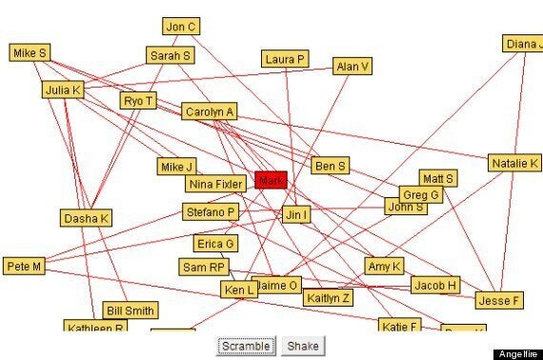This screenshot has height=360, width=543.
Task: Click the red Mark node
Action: pyautogui.click(x=271, y=180)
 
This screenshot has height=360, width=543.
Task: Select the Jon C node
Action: pyautogui.click(x=180, y=27)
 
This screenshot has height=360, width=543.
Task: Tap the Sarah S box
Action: pyautogui.click(x=171, y=55)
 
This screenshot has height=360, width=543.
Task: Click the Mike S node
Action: pyautogui.click(x=30, y=53)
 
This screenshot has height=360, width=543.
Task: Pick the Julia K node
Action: pyautogui.click(x=64, y=90)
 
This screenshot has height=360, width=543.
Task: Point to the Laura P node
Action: pyautogui.click(x=286, y=59)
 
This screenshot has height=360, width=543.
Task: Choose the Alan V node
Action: pyautogui.click(x=352, y=67)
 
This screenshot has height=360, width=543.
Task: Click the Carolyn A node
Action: pyautogui.click(x=210, y=111)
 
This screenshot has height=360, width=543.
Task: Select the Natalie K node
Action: pyautogui.click(x=515, y=163)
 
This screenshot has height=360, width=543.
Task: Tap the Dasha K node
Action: pyautogui.click(x=87, y=218)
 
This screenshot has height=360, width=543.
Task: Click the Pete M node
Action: pyautogui.click(x=24, y=267)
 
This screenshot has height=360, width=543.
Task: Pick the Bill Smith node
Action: pyautogui.click(x=131, y=310)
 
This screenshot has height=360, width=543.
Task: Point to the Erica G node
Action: pyautogui.click(x=215, y=244)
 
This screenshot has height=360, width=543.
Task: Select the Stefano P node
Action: pyautogui.click(x=211, y=211)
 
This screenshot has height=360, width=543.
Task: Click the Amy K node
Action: pyautogui.click(x=385, y=266)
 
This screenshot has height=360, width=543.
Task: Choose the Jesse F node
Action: pyautogui.click(x=499, y=300)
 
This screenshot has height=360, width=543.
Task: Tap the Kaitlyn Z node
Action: pyautogui.click(x=329, y=298)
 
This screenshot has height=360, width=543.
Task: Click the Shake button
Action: pyautogui.click(x=302, y=346)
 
